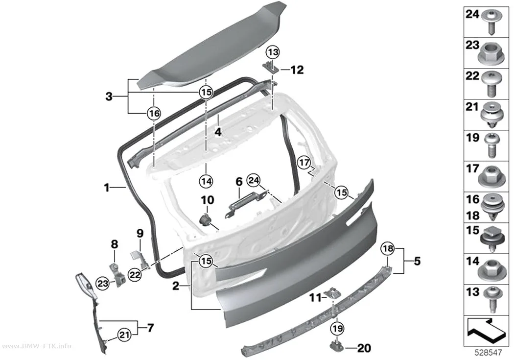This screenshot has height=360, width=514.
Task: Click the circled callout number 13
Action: click(x=273, y=52)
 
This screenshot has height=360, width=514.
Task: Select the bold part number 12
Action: click(x=297, y=70)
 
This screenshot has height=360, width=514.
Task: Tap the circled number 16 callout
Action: click(x=154, y=114)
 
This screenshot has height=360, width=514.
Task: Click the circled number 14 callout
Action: click(x=206, y=181)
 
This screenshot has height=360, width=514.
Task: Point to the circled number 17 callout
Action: click(x=304, y=162)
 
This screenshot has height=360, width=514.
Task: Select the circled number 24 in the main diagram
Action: click(x=254, y=180)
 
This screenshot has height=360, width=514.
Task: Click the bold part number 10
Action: click(x=208, y=200)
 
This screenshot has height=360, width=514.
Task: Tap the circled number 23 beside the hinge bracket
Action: click(x=103, y=283)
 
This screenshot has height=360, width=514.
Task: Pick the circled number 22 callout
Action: click(x=135, y=274)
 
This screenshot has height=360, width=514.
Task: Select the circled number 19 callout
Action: click(x=338, y=328)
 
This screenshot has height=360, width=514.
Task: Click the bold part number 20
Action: click(x=364, y=348)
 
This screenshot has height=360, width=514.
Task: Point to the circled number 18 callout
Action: click(x=388, y=248)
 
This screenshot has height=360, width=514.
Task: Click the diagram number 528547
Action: click(x=488, y=353)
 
